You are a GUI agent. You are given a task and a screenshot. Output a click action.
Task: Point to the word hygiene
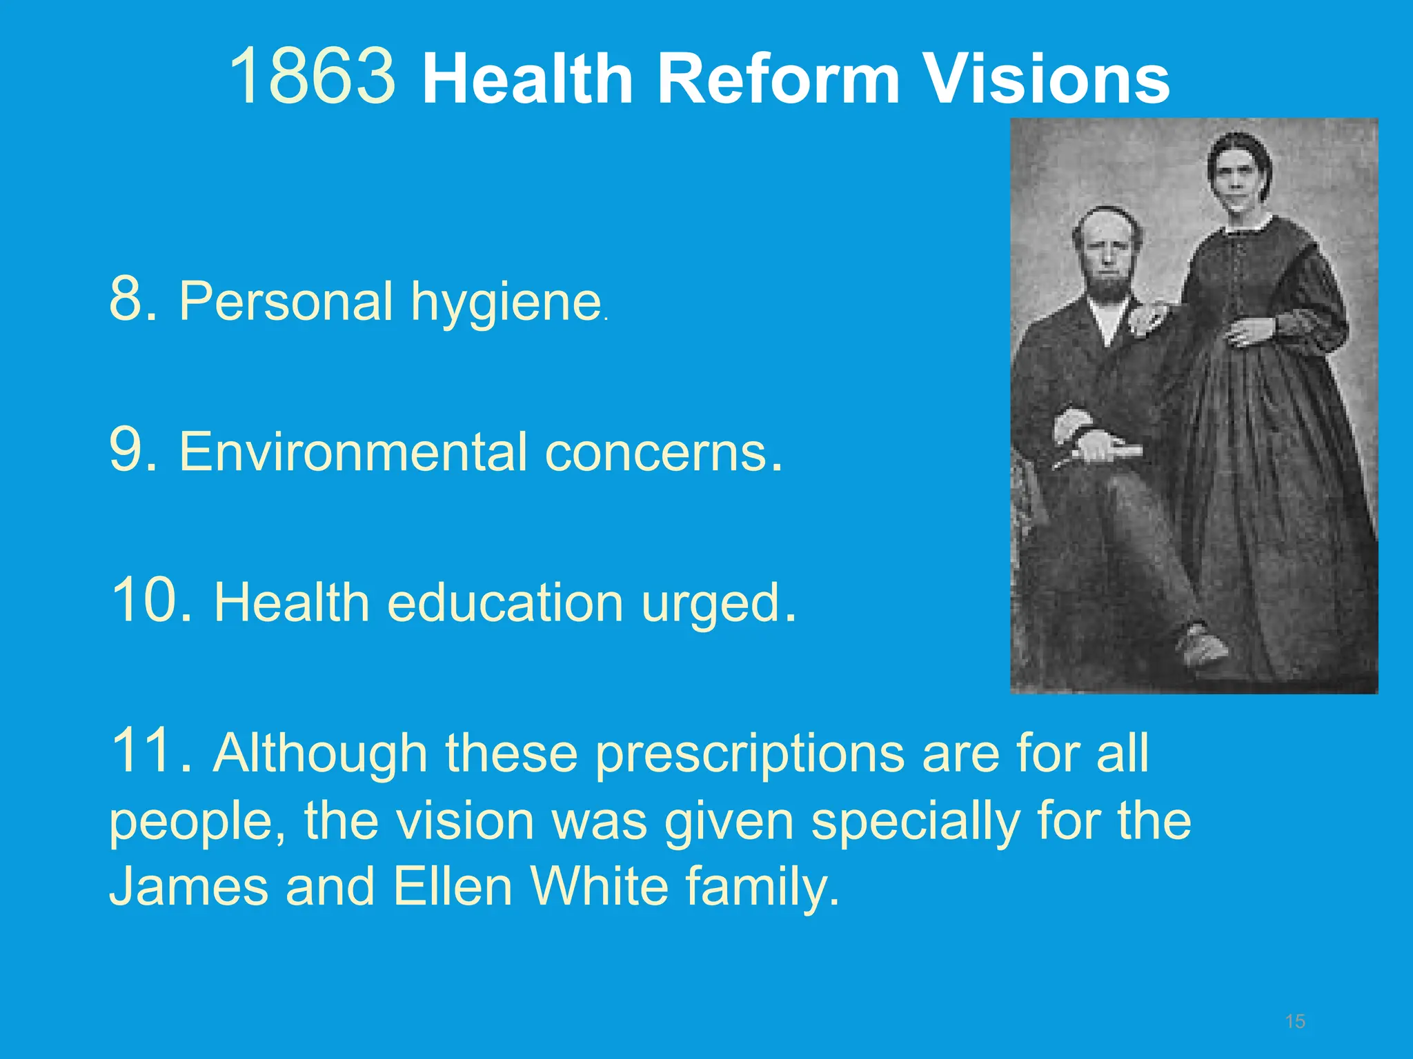(x=506, y=303)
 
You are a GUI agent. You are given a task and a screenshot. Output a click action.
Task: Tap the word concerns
(x=656, y=453)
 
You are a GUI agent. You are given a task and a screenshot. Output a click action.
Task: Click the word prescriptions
(x=749, y=754)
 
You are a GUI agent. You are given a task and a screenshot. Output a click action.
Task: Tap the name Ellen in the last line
(x=453, y=886)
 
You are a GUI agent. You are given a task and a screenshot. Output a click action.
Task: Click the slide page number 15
(x=1295, y=1021)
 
